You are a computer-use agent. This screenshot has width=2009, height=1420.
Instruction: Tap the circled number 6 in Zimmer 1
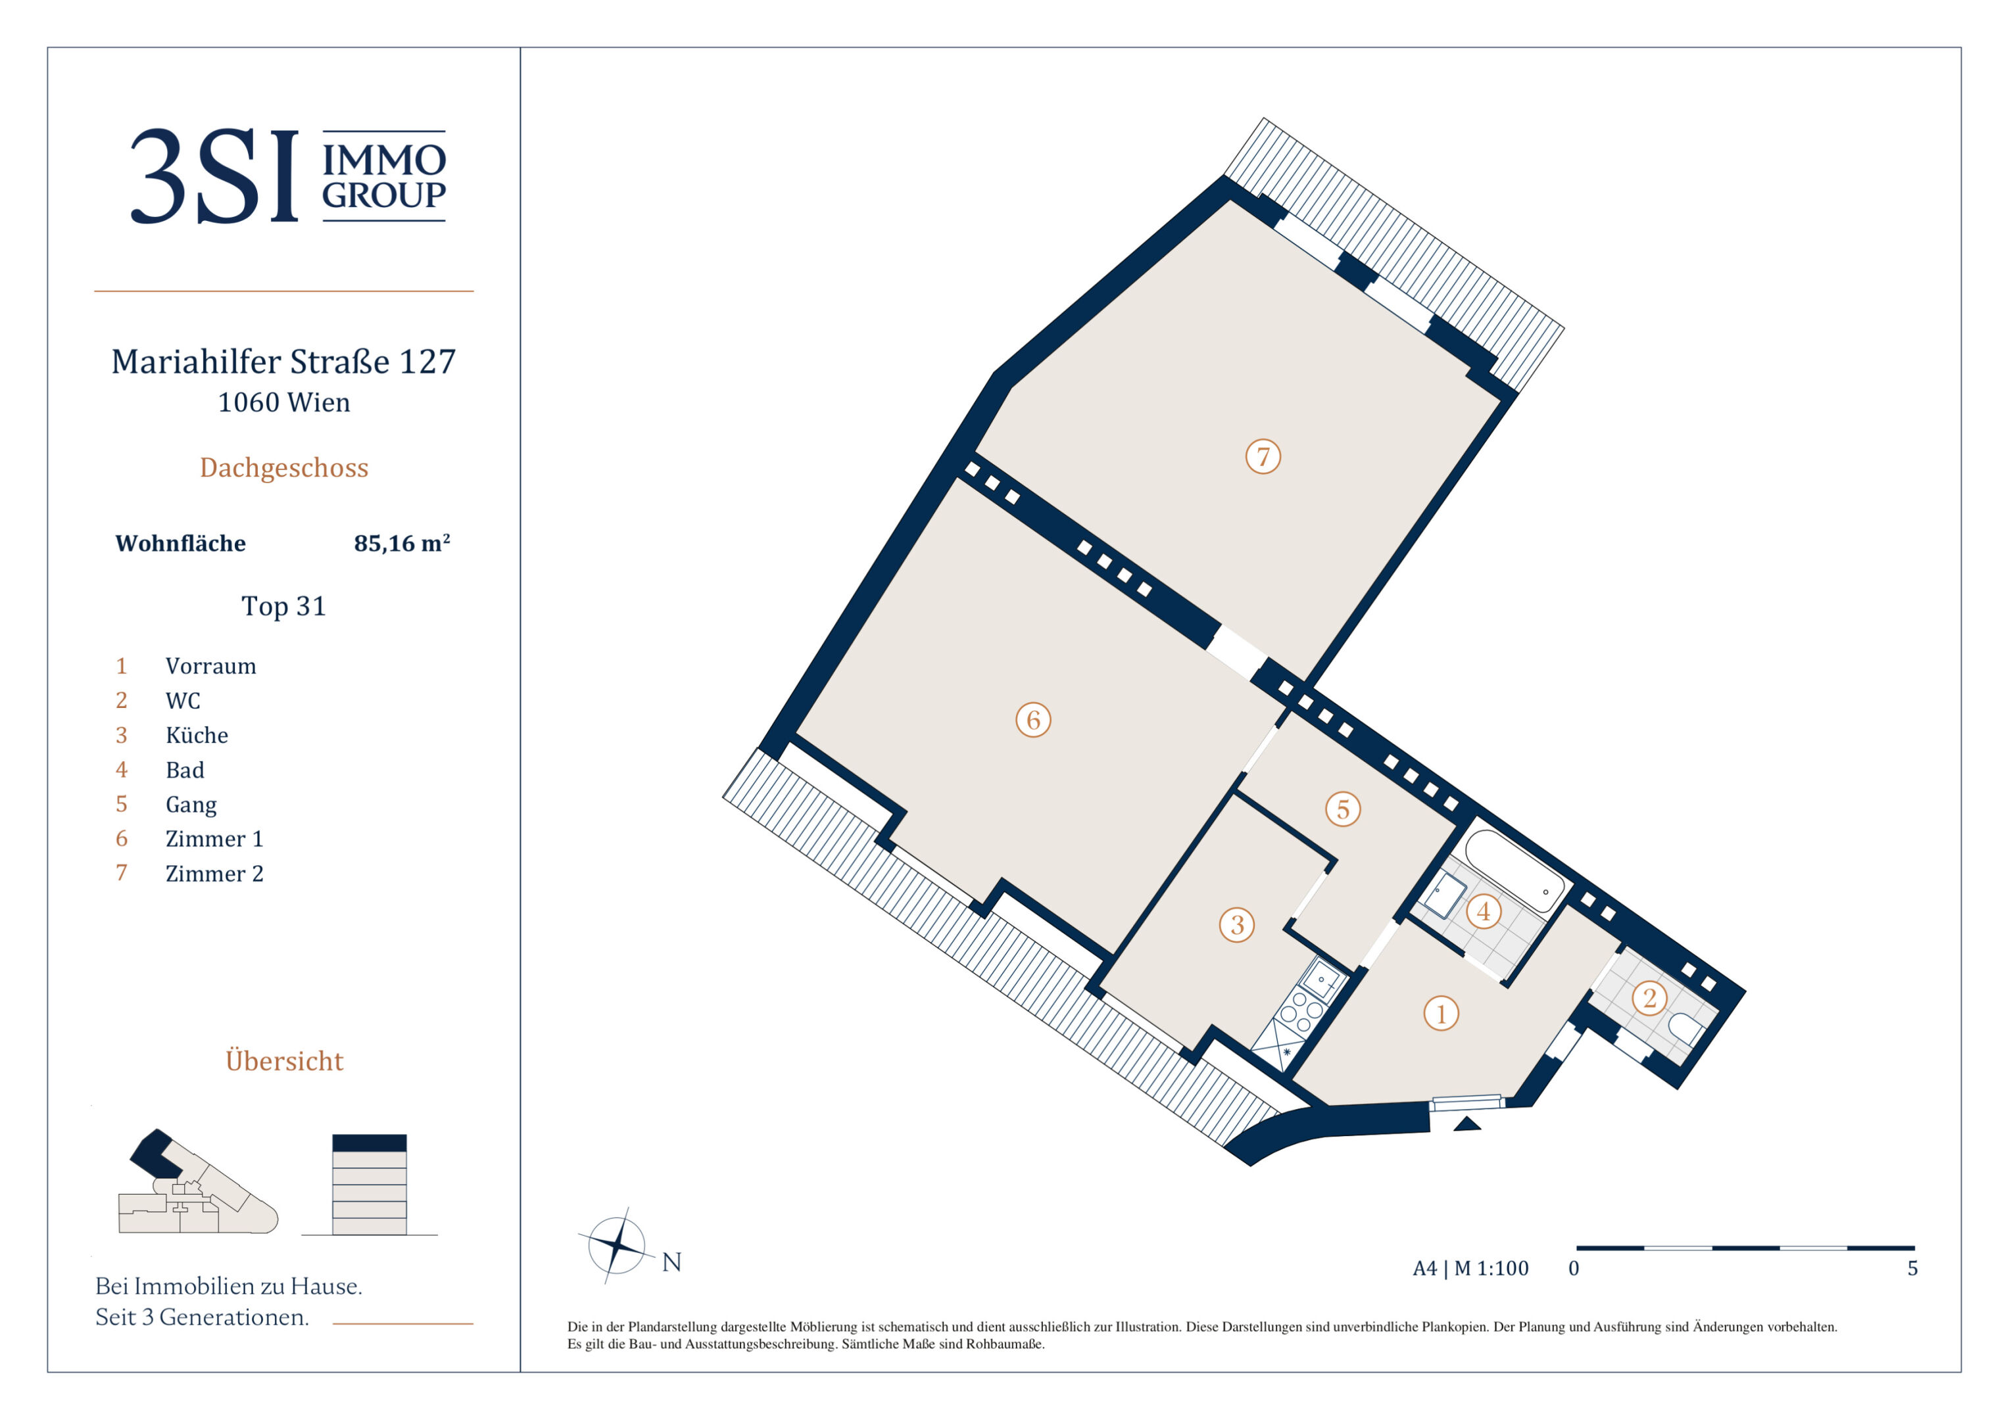click(x=1032, y=720)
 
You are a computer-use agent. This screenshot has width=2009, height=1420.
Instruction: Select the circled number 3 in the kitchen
click(x=1236, y=925)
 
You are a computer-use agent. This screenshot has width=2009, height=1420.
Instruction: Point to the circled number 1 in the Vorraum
click(x=1441, y=1014)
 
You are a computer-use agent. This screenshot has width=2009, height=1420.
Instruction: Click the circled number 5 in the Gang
click(x=1343, y=809)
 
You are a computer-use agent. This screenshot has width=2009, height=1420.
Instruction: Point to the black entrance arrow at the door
click(x=1467, y=1124)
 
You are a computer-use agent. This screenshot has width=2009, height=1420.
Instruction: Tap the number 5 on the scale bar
click(x=1913, y=1269)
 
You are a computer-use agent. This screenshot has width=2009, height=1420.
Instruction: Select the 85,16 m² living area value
click(x=402, y=542)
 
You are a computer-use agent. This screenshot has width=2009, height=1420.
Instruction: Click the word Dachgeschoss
click(x=283, y=468)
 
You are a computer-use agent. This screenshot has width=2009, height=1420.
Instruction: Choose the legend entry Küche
click(x=197, y=735)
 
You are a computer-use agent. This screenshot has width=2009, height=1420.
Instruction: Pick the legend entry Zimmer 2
click(x=214, y=873)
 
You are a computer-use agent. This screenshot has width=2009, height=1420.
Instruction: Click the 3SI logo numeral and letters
click(x=214, y=176)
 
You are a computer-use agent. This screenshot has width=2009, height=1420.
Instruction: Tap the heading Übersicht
click(x=284, y=1060)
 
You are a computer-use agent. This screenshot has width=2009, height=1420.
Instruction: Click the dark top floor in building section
click(x=370, y=1143)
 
